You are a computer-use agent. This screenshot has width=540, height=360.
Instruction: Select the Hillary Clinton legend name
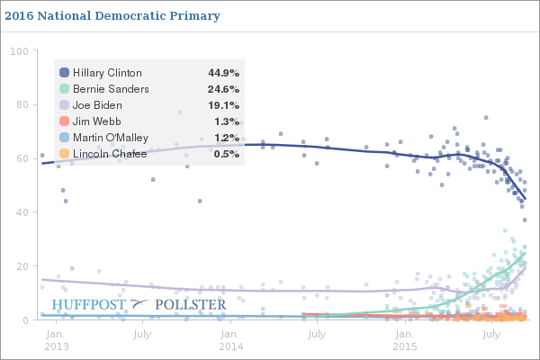[x=107, y=73]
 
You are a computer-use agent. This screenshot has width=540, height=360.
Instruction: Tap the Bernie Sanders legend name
[x=111, y=89]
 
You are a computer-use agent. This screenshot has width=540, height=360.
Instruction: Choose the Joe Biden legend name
[x=98, y=105]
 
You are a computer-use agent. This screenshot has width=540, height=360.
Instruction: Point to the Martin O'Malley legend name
[x=111, y=138]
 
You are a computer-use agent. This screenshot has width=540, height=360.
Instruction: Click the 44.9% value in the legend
[x=222, y=73]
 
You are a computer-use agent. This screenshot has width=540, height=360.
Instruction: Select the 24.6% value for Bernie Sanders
[x=222, y=89]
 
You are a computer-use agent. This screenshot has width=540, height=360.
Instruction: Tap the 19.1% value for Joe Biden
[x=222, y=105]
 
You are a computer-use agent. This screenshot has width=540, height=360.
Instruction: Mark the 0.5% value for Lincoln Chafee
[x=226, y=154]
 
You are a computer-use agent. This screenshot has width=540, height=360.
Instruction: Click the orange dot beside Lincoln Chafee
[x=64, y=154]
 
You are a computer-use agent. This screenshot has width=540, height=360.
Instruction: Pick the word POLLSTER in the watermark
[x=191, y=304]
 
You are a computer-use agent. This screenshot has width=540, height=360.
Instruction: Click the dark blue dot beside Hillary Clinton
[x=64, y=73]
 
